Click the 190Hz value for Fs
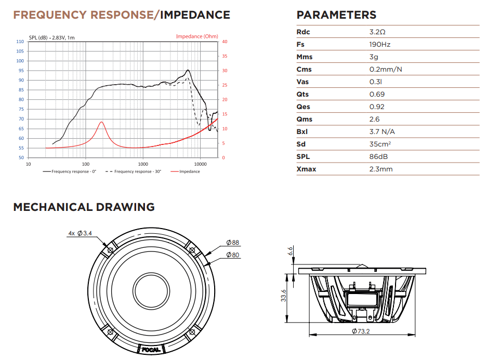click(379, 44)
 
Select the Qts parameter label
click(302, 94)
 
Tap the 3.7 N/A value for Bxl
click(383, 131)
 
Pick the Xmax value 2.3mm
click(381, 169)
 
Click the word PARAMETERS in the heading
click(336, 15)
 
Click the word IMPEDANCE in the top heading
click(195, 15)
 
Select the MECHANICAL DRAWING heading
click(84, 207)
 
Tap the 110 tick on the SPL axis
click(20, 42)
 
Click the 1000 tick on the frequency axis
click(143, 163)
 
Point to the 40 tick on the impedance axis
click(225, 42)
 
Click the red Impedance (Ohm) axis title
click(197, 36)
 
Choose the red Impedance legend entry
click(189, 171)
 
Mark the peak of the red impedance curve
click(101, 122)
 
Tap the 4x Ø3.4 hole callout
click(80, 233)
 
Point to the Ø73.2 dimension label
click(362, 331)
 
